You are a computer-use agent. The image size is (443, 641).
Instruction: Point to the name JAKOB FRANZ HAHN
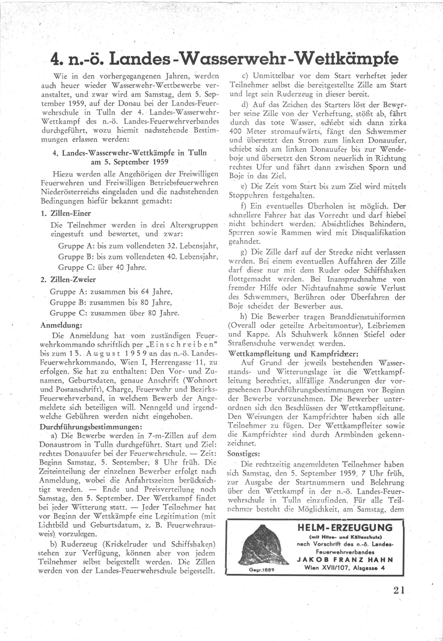tap(345, 559)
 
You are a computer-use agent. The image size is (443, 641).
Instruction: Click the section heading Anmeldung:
tap(61, 324)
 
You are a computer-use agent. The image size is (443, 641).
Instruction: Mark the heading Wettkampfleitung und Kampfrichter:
tap(293, 354)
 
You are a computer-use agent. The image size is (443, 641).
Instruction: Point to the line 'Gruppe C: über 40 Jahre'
tap(102, 267)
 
